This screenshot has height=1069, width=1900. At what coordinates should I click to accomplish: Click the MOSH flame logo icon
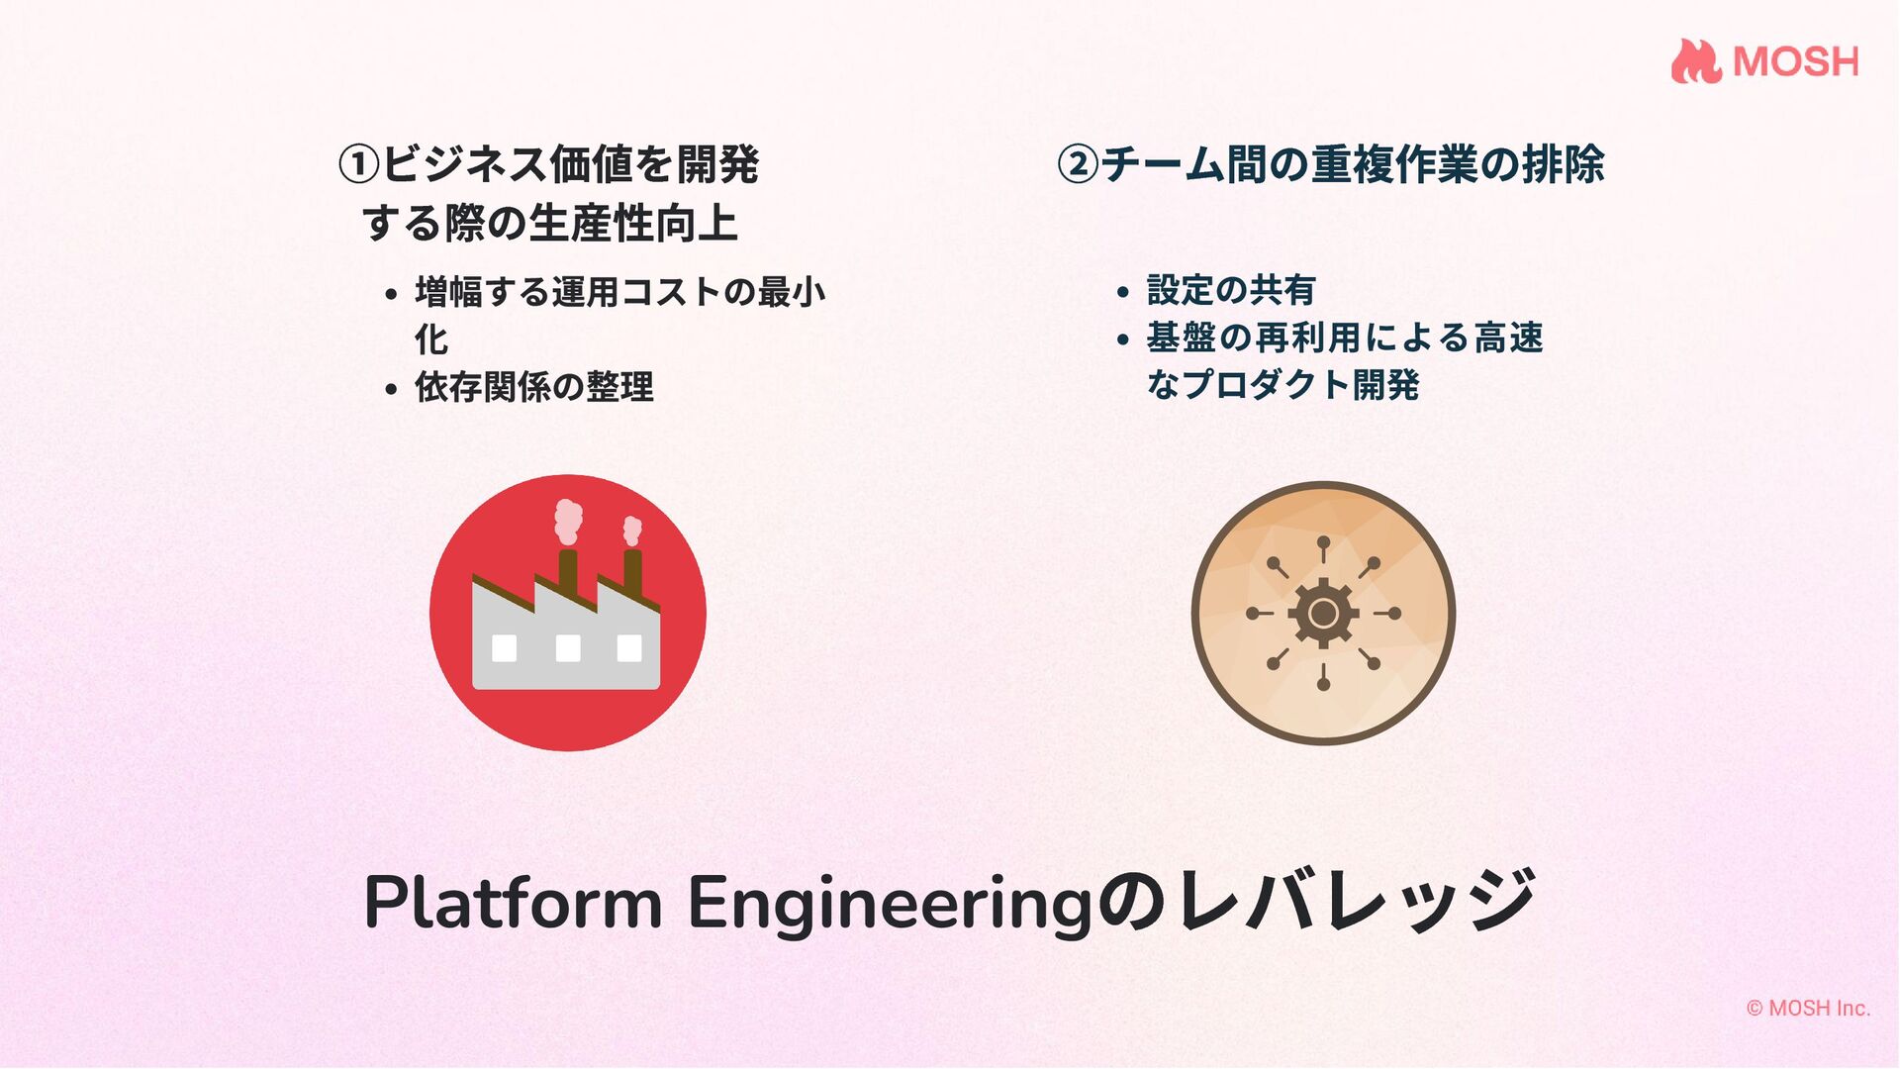click(x=1696, y=61)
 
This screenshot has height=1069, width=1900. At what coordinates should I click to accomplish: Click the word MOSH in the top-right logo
click(x=1796, y=62)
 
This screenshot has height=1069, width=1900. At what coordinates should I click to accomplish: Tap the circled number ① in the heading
click(x=358, y=165)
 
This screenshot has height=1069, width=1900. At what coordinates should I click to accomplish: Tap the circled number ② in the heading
click(x=1078, y=164)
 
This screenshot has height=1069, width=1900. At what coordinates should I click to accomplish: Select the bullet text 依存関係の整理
click(x=533, y=387)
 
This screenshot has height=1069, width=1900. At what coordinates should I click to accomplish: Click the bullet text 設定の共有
click(x=1230, y=290)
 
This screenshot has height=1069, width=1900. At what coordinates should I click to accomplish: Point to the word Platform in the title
click(x=513, y=903)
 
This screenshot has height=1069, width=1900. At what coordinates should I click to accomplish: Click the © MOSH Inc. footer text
click(x=1808, y=1008)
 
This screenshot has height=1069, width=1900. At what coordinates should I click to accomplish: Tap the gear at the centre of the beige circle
click(x=1323, y=614)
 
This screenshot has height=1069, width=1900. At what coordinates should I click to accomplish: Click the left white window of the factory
click(x=505, y=648)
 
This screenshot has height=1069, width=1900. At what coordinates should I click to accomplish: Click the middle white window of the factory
click(x=568, y=648)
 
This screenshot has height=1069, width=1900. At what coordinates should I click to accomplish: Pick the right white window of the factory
click(x=629, y=648)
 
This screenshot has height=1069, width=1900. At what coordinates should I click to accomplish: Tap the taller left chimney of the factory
click(x=568, y=572)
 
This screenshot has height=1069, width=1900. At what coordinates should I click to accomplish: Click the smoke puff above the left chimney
click(x=568, y=521)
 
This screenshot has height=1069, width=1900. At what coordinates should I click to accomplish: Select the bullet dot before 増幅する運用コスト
click(x=391, y=295)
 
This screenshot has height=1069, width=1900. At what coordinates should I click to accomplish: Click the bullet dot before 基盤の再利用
click(x=1122, y=340)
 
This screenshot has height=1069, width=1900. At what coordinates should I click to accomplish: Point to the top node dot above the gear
click(x=1323, y=541)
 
